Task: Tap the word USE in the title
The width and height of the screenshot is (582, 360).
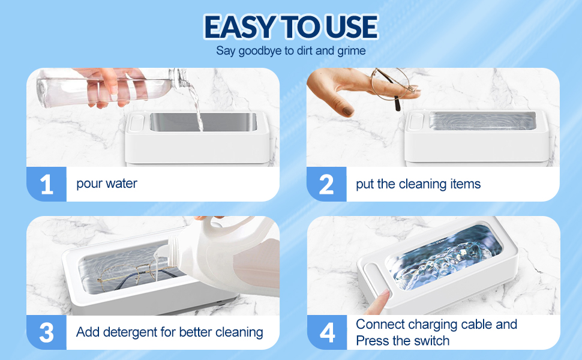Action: (x=350, y=26)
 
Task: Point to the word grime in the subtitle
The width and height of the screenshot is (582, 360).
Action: (x=350, y=51)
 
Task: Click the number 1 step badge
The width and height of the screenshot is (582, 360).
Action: (x=46, y=184)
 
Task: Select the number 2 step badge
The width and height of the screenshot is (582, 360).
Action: (x=326, y=184)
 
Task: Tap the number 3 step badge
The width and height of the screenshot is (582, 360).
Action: (x=46, y=332)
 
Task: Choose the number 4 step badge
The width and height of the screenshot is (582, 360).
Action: (x=326, y=332)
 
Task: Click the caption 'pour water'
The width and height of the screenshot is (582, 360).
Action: (x=107, y=184)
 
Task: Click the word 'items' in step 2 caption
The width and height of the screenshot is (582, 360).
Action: (x=464, y=184)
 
